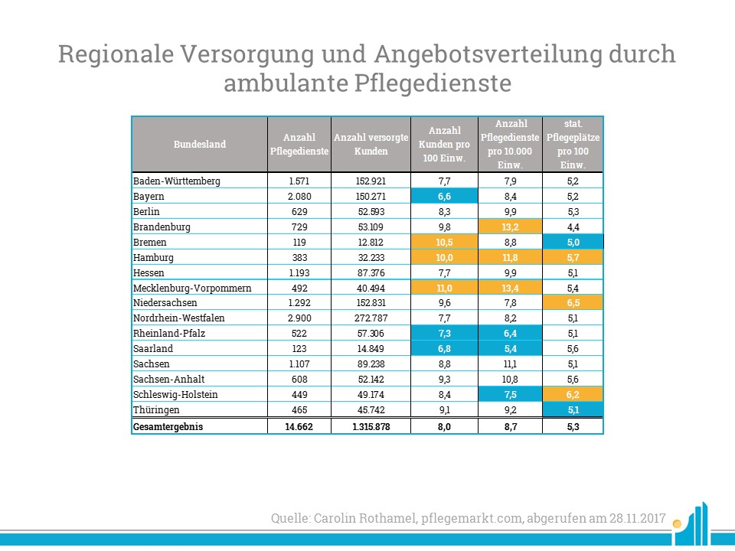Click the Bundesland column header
pos(200,145)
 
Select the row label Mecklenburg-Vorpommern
pos(192,288)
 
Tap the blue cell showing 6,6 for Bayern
pos(444,197)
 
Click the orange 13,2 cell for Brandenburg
pos(510,227)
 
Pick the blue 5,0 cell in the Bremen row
pos(573,243)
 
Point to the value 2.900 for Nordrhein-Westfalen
pos(299,318)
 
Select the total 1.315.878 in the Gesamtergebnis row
pos(371,427)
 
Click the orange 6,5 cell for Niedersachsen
pos(573,303)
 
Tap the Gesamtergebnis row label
pos(168,427)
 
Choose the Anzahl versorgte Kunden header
pos(371,145)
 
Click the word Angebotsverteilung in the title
pos(488,54)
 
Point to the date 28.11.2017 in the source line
pos(638,518)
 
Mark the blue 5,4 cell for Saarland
pos(510,349)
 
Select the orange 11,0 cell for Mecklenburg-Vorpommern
pos(444,288)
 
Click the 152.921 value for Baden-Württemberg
pos(371,181)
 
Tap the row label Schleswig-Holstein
pos(175,395)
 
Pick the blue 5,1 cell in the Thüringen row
pos(573,410)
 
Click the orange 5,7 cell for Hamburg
pos(573,257)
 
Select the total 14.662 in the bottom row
pos(299,427)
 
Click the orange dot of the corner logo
pos(676,523)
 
